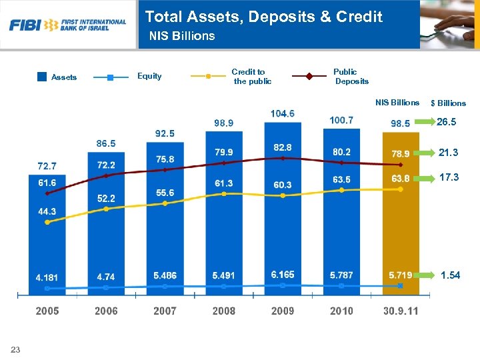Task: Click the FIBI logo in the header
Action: pos(67,25)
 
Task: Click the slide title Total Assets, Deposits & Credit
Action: pos(264,17)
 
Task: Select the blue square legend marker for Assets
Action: pos(42,77)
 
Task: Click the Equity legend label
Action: pos(149,76)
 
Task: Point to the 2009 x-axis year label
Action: pos(282,311)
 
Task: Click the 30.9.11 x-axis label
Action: pos(401,311)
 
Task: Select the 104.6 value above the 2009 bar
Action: pos(282,113)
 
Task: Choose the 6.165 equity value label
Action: pos(282,275)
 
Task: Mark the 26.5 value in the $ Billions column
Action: pos(446,123)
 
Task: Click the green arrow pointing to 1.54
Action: pos(427,275)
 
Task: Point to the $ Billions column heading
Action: pos(448,103)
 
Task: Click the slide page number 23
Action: pos(15,350)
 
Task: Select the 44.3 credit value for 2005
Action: pos(47,211)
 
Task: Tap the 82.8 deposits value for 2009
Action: pos(282,147)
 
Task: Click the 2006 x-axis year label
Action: pos(106,311)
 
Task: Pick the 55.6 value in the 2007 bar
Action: pos(165,193)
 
